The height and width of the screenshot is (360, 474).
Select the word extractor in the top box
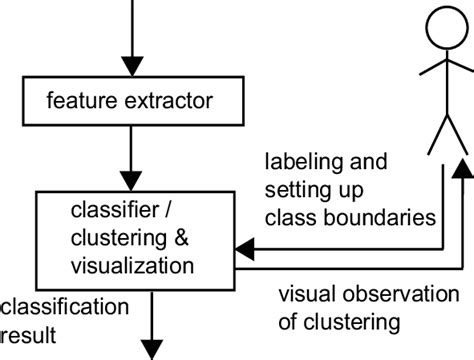166,102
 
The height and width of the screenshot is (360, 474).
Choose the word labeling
297,161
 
